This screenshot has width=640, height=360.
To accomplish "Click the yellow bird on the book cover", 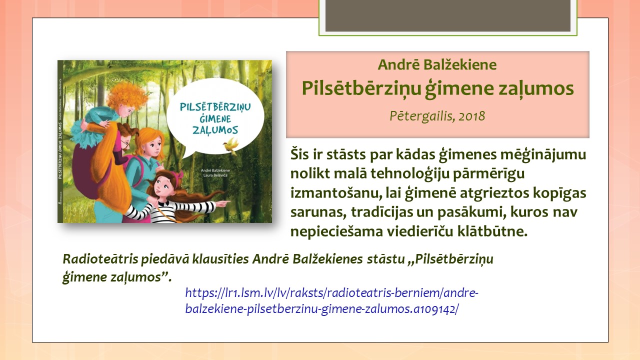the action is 231,145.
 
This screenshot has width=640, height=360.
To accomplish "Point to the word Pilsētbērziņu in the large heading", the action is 361,88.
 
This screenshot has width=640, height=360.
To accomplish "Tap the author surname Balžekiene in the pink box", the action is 459,64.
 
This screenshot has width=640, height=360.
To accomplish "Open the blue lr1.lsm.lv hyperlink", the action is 331,300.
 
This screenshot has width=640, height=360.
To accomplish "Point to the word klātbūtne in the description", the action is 492,231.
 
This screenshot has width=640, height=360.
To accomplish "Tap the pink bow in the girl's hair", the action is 180,174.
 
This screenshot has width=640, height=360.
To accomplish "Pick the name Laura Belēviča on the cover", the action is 215,175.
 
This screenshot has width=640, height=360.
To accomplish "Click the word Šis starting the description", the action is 299,154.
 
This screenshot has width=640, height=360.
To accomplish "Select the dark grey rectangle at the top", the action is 447,15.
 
